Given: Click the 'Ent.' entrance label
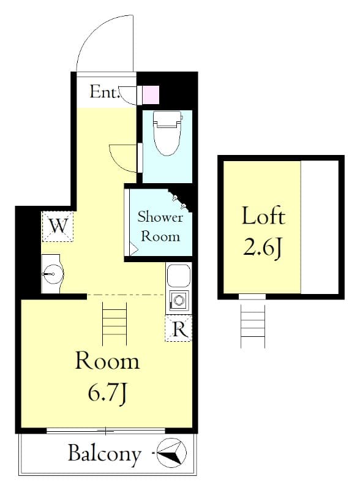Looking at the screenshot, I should click(105, 92).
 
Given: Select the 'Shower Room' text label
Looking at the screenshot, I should click(160, 225).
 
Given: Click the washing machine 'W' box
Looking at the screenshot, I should click(58, 226).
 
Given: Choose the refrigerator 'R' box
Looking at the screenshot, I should click(179, 329).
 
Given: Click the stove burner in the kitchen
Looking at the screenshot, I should click(179, 301).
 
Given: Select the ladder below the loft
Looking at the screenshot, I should click(253, 325).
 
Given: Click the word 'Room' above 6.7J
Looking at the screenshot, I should click(107, 361).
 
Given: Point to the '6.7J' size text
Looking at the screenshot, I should click(107, 392).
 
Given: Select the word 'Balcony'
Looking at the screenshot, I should click(105, 454).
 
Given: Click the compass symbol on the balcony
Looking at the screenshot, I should click(171, 454).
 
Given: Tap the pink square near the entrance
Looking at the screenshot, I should click(151, 94).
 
